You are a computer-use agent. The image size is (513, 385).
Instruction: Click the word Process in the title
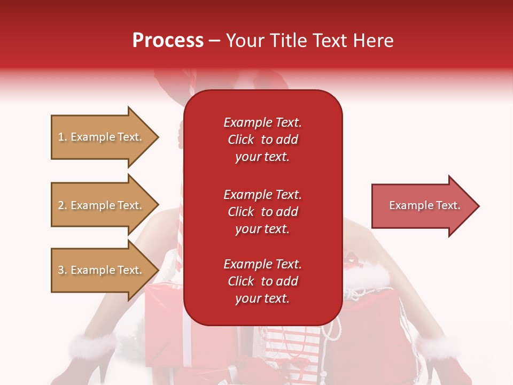coord(168,41)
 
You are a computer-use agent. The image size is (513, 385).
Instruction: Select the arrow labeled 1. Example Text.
coord(102,137)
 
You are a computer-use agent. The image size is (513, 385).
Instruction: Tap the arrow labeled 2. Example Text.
coord(102,205)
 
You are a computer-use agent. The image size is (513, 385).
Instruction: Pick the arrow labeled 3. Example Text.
coord(102,270)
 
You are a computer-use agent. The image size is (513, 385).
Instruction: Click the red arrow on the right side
coord(422,206)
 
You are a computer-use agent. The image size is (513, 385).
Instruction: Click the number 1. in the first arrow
coord(63,137)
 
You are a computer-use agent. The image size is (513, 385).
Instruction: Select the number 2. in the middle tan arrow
coord(63,205)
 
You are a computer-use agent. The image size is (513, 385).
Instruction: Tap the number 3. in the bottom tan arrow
coord(63,270)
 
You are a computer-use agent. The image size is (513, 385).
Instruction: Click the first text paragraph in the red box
coord(262,140)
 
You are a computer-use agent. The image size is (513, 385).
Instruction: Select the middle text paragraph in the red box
coord(262,212)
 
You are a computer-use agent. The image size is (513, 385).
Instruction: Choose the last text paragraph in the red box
coord(262,281)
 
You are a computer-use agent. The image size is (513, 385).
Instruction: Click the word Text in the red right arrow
coord(448,205)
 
